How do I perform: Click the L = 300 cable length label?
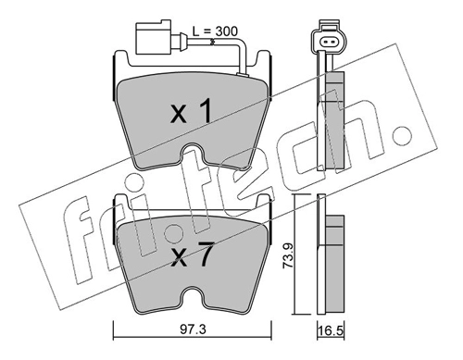[215, 31]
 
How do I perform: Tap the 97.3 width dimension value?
[193, 330]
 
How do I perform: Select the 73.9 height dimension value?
[288, 255]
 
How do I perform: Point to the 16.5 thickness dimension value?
[332, 332]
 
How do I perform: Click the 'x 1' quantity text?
[192, 111]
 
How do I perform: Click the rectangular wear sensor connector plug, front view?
[153, 37]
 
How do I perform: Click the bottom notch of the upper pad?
[193, 152]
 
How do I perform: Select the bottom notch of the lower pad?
[193, 295]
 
